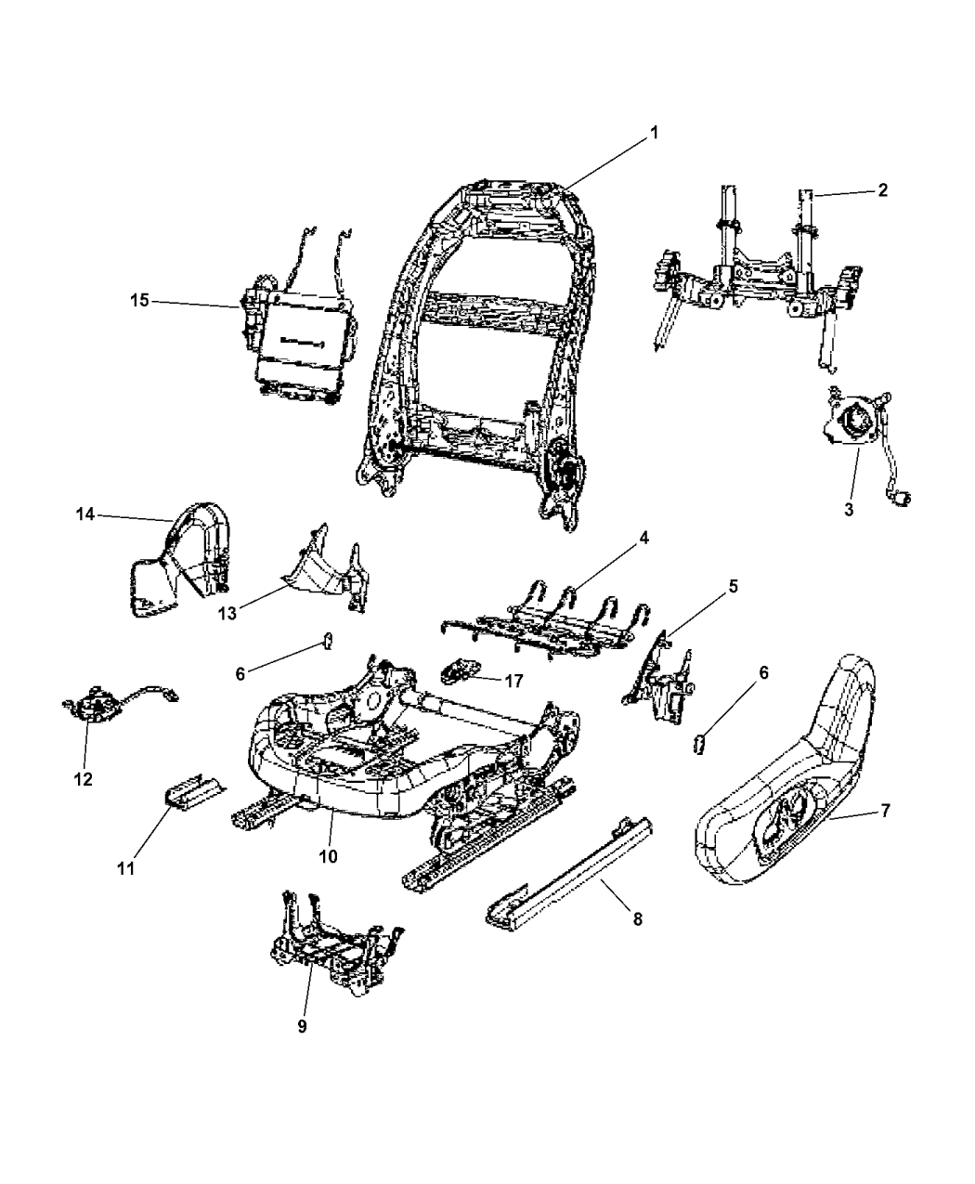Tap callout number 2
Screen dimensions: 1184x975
(x=881, y=190)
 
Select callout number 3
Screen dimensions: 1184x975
(x=849, y=510)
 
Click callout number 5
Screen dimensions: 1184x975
(x=733, y=586)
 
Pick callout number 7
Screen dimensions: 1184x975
(x=885, y=811)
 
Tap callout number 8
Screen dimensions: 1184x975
(x=636, y=918)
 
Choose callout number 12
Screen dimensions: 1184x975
(x=84, y=779)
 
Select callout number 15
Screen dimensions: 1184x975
(x=138, y=301)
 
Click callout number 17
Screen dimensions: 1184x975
(x=515, y=680)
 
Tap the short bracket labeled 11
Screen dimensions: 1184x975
(x=192, y=790)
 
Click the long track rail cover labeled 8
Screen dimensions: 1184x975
(x=566, y=864)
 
